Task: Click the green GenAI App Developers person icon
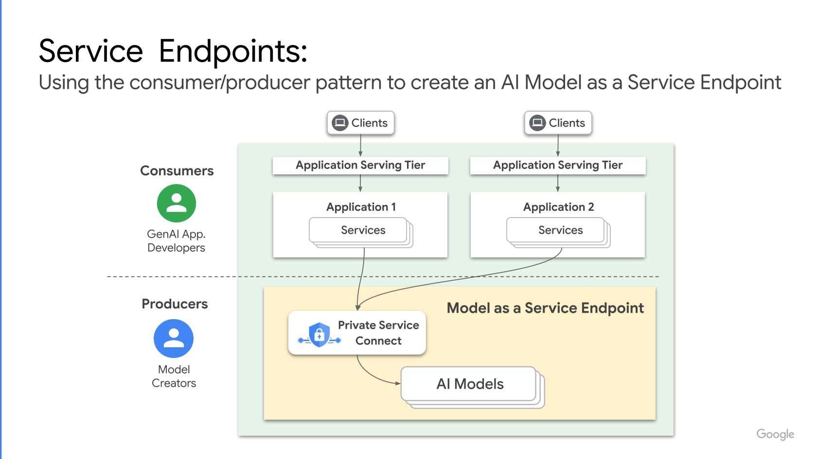tap(176, 203)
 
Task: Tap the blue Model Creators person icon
tap(174, 338)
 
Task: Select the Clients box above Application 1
tap(360, 123)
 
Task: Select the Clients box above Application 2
tap(558, 123)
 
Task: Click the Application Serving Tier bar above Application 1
tap(360, 165)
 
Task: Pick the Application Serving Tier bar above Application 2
tap(558, 165)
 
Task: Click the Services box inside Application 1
tap(360, 231)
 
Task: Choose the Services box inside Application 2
tap(558, 231)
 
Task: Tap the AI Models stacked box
tap(470, 384)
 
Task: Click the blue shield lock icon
tap(320, 335)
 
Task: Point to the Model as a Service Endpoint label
tap(545, 308)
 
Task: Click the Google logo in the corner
tap(775, 434)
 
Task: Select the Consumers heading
tap(177, 171)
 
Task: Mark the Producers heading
tap(175, 304)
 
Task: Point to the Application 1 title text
tap(361, 207)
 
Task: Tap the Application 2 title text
tap(558, 207)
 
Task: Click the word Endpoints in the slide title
tap(233, 51)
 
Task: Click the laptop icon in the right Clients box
tap(537, 123)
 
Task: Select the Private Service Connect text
tap(378, 333)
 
